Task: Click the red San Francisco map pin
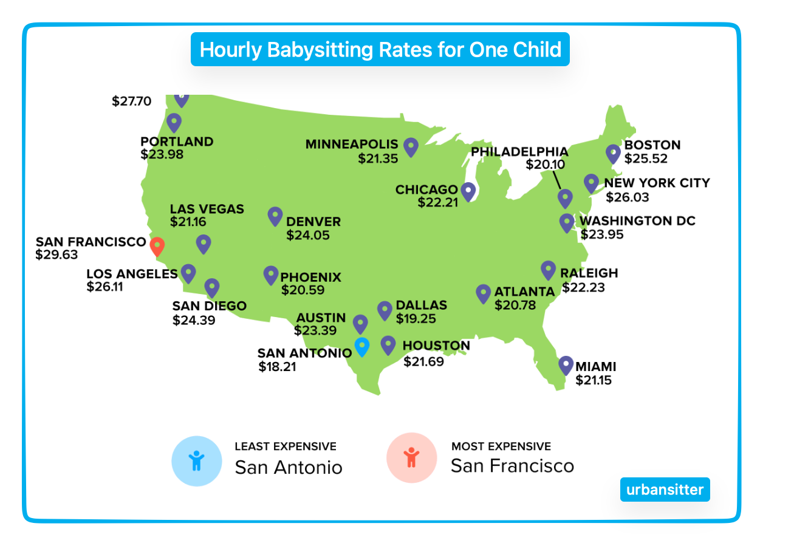pyautogui.click(x=157, y=245)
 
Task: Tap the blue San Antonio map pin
pyautogui.click(x=362, y=346)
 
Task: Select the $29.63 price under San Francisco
pyautogui.click(x=56, y=254)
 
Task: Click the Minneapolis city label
pyautogui.click(x=351, y=145)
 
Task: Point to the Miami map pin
pyautogui.click(x=566, y=364)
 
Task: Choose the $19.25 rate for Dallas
pyautogui.click(x=416, y=318)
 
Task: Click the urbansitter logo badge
pyautogui.click(x=665, y=490)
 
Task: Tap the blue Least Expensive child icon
pyautogui.click(x=196, y=461)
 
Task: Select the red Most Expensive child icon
pyautogui.click(x=411, y=457)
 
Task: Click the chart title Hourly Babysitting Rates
pyautogui.click(x=380, y=49)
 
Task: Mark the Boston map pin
pyautogui.click(x=614, y=153)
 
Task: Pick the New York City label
pyautogui.click(x=657, y=183)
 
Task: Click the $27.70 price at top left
pyautogui.click(x=131, y=101)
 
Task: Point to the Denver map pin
pyautogui.click(x=275, y=216)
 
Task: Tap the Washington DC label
pyautogui.click(x=637, y=220)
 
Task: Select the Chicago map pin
pyautogui.click(x=468, y=191)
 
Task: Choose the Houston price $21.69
pyautogui.click(x=423, y=362)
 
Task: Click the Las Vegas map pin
pyautogui.click(x=204, y=244)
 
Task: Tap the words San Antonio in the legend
pyautogui.click(x=289, y=467)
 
